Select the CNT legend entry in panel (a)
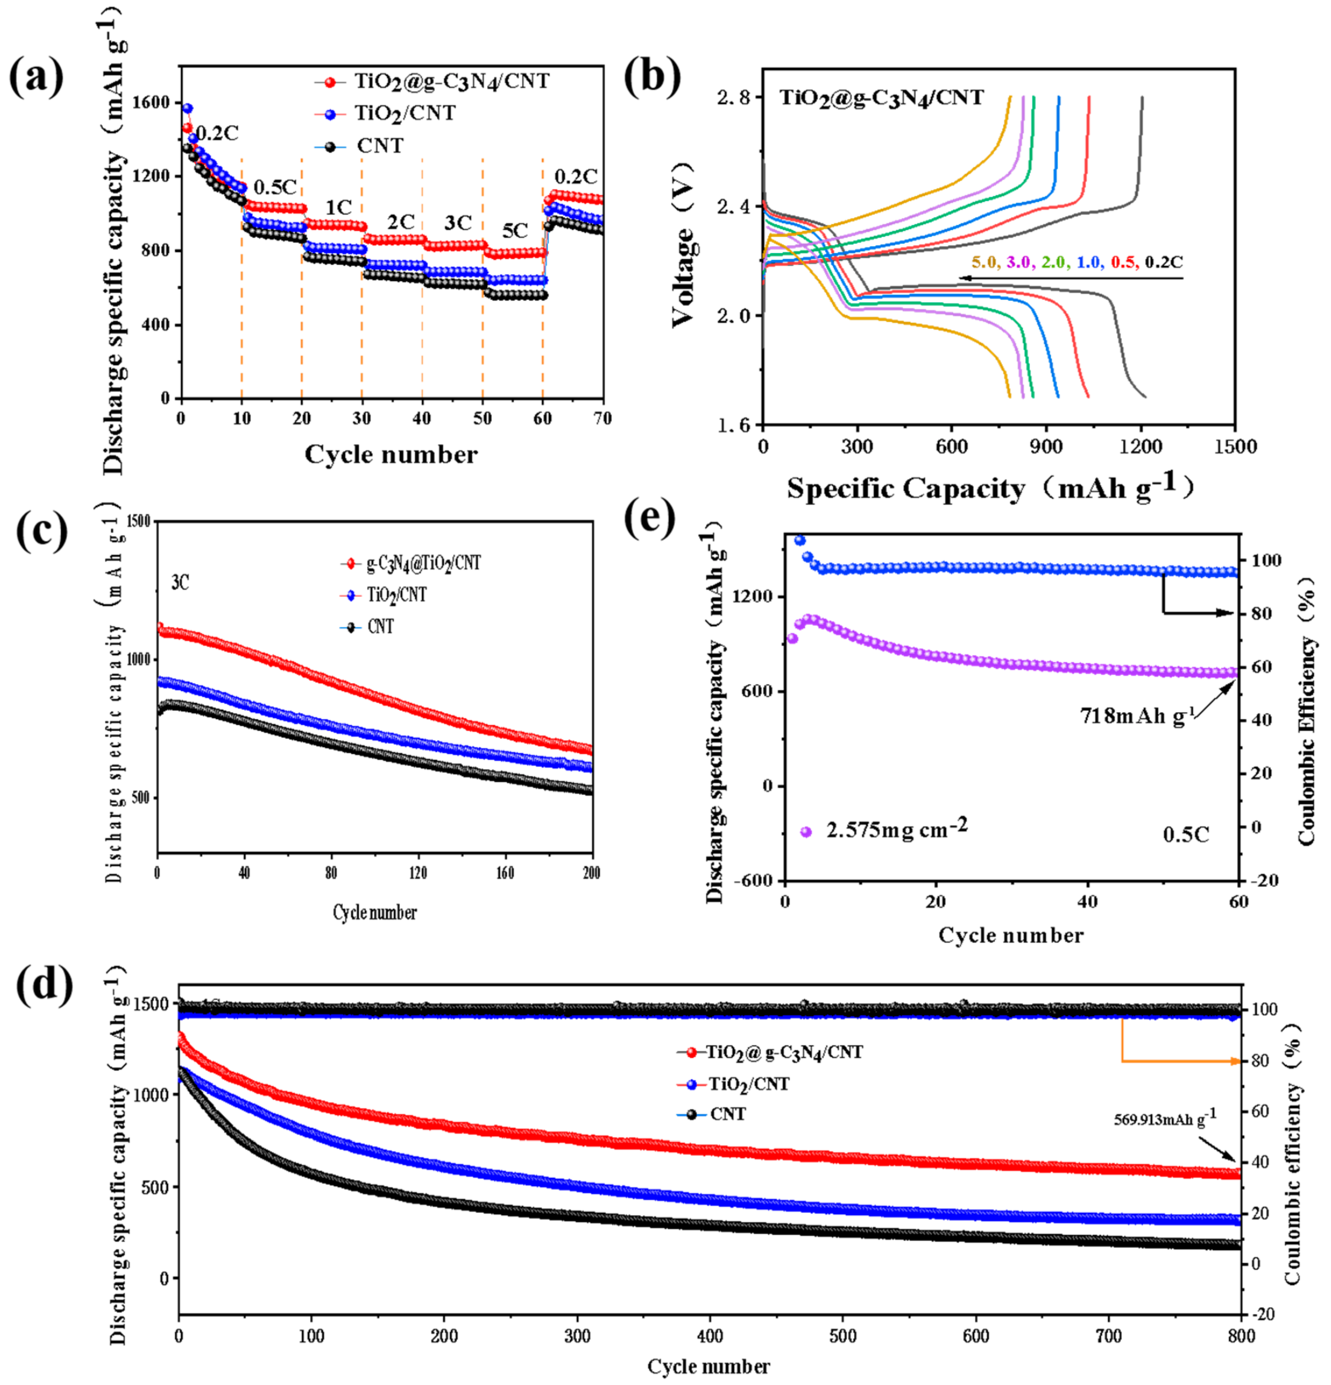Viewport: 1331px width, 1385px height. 379,146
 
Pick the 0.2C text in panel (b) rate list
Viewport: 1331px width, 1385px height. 1164,262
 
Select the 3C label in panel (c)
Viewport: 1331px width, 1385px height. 180,582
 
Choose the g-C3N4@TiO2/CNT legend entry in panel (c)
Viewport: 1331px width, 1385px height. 423,563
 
